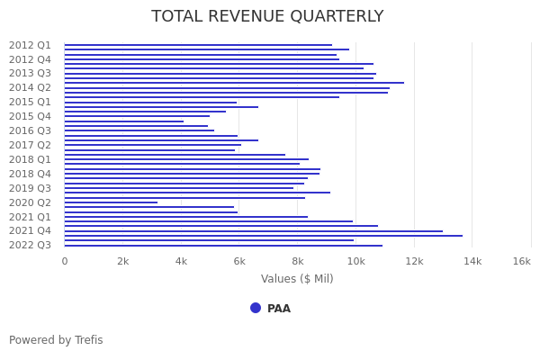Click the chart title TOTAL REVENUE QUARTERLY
coord(267,17)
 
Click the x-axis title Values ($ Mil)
coord(297,279)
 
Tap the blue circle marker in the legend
coord(256,308)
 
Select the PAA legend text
coord(279,309)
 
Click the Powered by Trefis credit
coord(56,340)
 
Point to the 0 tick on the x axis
coord(64,261)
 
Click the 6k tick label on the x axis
coord(239,261)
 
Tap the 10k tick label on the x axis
coord(355,261)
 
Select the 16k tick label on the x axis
coord(522,261)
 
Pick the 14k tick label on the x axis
coord(472,261)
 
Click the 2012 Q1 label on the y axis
coord(31,45)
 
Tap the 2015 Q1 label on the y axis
coord(31,102)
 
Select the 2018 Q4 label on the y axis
coord(31,174)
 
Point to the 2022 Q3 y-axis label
coord(31,245)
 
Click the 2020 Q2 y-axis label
coord(31,202)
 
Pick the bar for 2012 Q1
coord(198,45)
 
